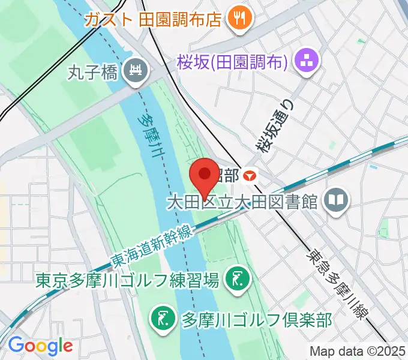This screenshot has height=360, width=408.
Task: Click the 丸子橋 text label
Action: click(x=94, y=73)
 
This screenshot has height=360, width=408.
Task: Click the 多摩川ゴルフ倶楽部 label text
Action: click(x=256, y=319)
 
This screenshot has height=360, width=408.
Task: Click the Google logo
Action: click(x=40, y=345)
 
